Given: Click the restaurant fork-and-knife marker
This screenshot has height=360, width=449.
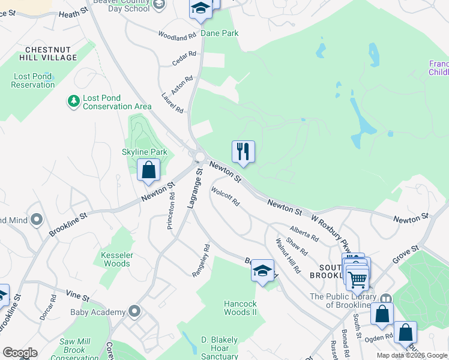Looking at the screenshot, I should click(x=243, y=151).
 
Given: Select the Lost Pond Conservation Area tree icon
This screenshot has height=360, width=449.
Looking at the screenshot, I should click(x=74, y=101).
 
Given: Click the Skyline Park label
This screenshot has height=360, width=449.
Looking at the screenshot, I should click(x=145, y=152).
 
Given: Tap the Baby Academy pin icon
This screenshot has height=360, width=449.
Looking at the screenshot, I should click(x=134, y=311).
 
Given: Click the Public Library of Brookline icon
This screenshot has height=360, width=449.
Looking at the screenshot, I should click(x=385, y=298).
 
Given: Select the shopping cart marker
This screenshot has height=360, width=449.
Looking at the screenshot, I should click(x=357, y=279).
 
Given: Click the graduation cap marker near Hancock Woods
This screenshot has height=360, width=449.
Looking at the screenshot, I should click(x=262, y=270).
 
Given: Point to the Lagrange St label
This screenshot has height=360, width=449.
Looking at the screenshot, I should click(x=195, y=188).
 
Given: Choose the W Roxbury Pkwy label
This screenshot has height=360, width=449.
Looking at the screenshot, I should click(x=331, y=230).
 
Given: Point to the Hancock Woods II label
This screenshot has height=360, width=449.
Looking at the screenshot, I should click(x=240, y=308).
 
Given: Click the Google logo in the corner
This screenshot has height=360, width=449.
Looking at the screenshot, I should click(x=19, y=353).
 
